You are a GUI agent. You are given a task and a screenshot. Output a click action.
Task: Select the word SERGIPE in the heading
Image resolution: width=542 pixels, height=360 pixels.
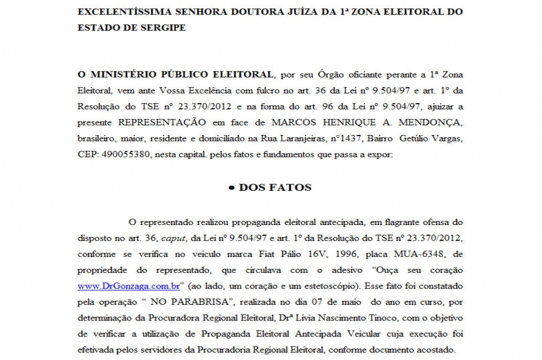click(x=162, y=28)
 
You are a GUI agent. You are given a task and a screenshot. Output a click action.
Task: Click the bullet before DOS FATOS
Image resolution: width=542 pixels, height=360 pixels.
click(x=231, y=188)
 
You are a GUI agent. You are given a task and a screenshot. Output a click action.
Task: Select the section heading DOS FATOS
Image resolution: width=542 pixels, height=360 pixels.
click(x=275, y=188)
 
